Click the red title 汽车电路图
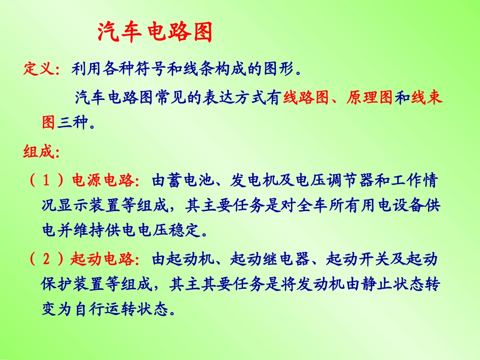[x=154, y=33]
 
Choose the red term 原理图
[x=369, y=97]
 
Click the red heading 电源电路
[x=102, y=180]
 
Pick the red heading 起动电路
[x=101, y=260]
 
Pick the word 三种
[x=73, y=122]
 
